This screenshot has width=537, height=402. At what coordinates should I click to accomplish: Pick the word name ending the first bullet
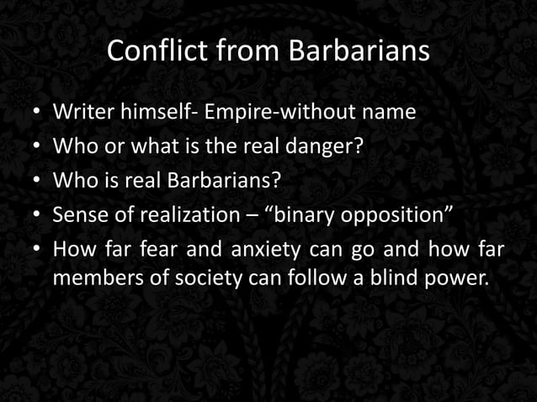[x=392, y=112]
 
